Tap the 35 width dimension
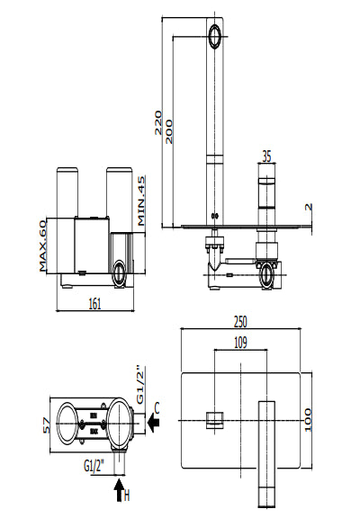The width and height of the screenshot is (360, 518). (x=265, y=155)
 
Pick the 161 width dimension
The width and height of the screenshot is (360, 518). (x=94, y=303)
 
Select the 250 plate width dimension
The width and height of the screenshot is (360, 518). (x=241, y=321)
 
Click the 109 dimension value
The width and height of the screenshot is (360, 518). (x=241, y=342)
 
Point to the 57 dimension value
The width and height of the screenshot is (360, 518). (x=43, y=425)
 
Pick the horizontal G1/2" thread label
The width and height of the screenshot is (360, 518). (x=96, y=465)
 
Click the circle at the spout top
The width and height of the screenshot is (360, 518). (x=214, y=36)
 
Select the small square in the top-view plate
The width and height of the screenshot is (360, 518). (x=213, y=418)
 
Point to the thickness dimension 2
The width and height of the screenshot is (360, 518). (x=308, y=207)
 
